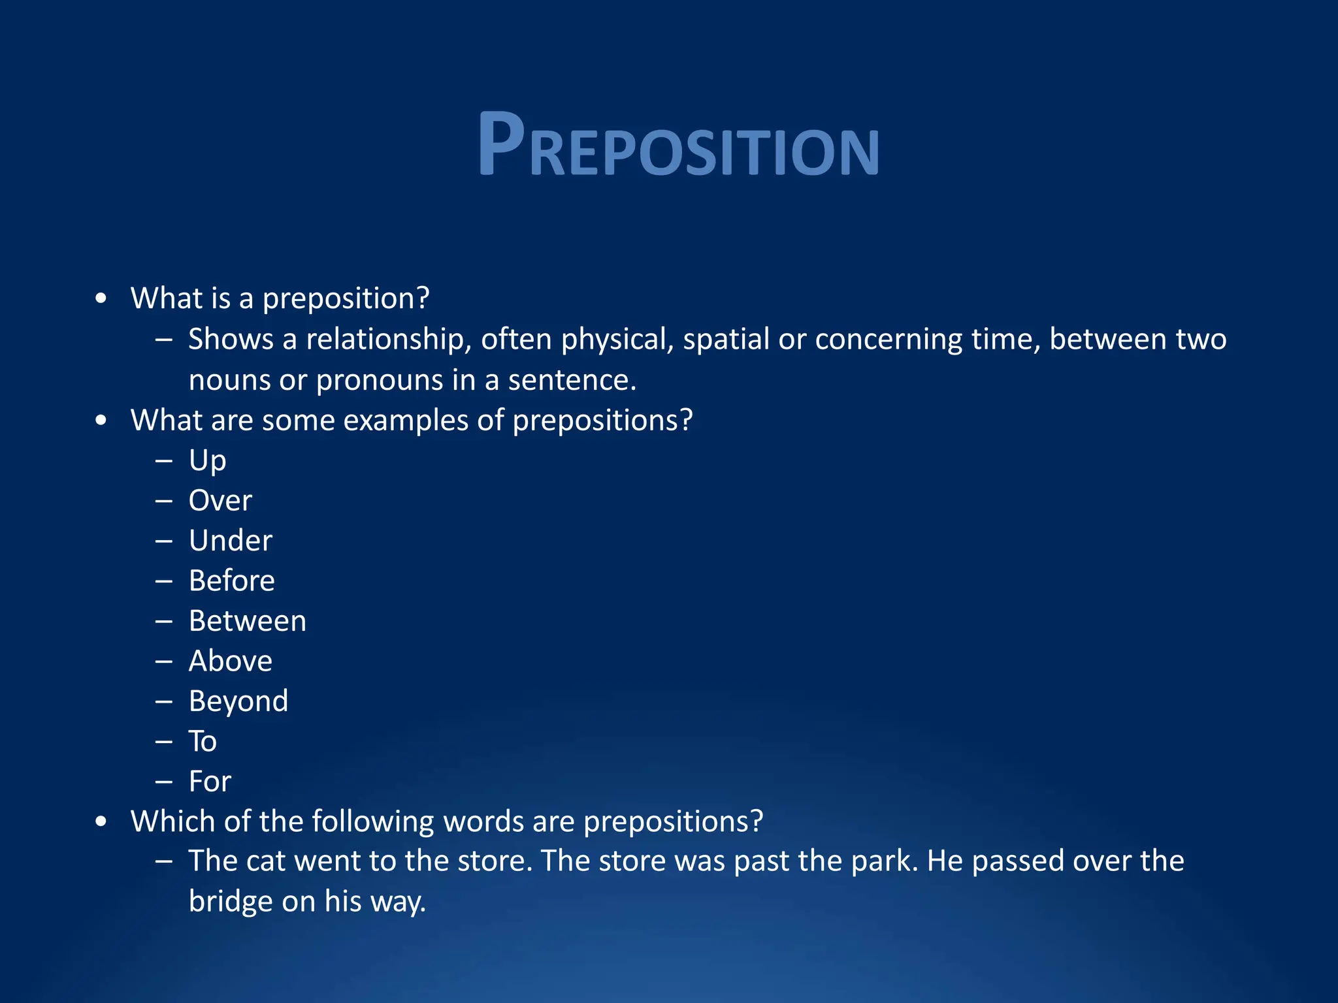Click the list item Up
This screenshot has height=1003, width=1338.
pos(207,461)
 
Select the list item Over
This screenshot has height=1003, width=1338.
pos(220,501)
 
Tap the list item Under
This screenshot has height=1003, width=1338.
pos(230,541)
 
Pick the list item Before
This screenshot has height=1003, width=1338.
pos(231,581)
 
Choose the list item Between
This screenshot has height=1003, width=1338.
pos(247,621)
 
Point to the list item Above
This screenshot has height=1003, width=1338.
pos(230,661)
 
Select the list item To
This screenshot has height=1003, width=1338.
pos(203,742)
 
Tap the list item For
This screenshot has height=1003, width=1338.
pos(210,782)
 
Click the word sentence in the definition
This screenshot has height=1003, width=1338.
pos(570,381)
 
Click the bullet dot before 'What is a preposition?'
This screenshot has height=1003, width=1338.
pos(101,299)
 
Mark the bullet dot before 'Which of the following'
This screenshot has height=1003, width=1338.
pos(101,822)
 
